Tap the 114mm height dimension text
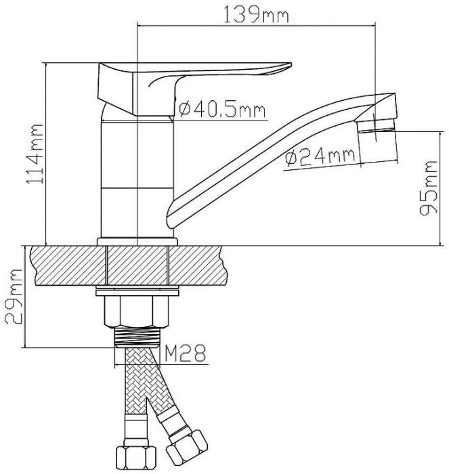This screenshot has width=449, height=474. tap(33, 155)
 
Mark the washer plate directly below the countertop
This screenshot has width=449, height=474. tap(137, 293)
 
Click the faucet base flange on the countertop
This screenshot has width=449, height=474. tap(137, 242)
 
